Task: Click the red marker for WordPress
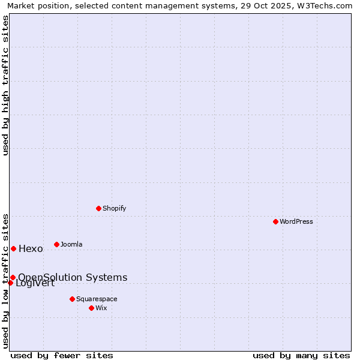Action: pos(275,221)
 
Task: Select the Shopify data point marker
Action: pos(98,208)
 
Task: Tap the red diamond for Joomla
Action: pos(56,244)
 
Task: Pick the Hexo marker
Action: pos(13,248)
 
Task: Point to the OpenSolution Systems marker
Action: pos(13,277)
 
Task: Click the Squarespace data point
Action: pos(72,299)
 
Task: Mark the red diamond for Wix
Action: pos(91,308)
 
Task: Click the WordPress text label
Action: pos(296,221)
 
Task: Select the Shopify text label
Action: pos(114,208)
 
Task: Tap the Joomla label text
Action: pos(71,244)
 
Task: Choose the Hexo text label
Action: pos(31,249)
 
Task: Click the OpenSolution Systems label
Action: pos(73,277)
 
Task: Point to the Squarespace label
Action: pos(97,299)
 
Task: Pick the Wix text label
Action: pos(101,308)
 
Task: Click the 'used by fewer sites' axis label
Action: pos(62,355)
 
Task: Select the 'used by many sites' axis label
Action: pos(301,355)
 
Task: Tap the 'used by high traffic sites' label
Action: pos(6,85)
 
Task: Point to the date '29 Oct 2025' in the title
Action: pos(263,6)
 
